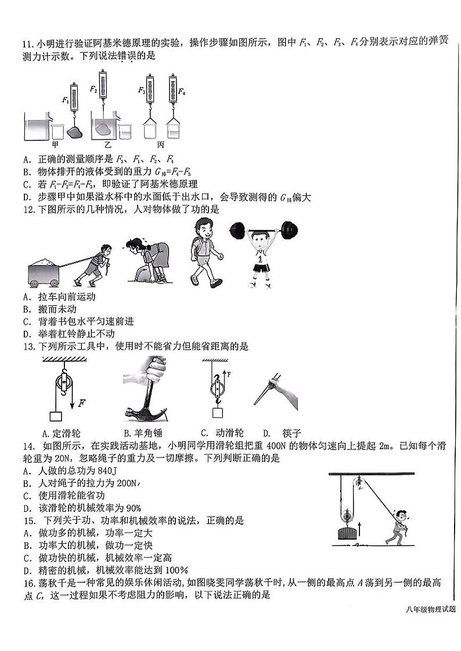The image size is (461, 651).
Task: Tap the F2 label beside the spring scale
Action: (x=93, y=89)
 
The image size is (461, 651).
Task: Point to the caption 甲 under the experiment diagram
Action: (x=56, y=144)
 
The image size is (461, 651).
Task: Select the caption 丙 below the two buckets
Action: (x=160, y=145)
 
